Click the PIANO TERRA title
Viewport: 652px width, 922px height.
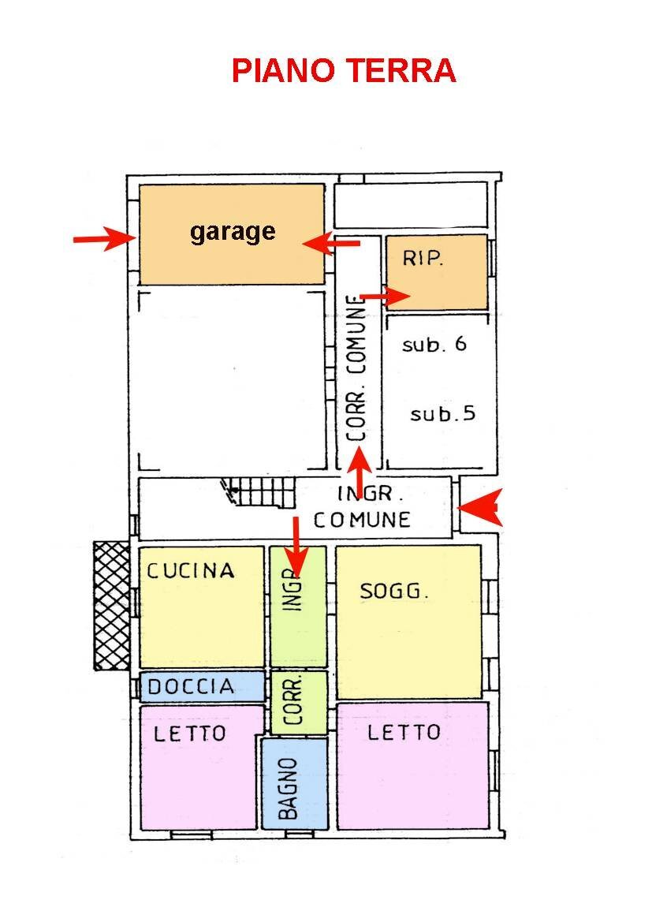tap(344, 70)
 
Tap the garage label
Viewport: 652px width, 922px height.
tap(233, 232)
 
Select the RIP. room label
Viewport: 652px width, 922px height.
tap(423, 258)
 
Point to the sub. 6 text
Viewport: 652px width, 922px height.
tap(434, 344)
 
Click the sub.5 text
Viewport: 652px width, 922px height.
tap(442, 413)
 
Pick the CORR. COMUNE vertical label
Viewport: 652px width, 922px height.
tap(356, 368)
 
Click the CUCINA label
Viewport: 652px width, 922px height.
tap(191, 570)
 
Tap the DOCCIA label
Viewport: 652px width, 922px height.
tap(191, 686)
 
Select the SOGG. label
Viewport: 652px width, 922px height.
tap(393, 591)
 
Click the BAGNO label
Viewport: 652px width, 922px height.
tap(288, 788)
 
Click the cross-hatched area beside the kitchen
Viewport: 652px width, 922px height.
tap(112, 606)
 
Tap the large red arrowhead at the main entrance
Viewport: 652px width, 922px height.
tap(480, 507)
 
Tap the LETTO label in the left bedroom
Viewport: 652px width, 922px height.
tap(189, 733)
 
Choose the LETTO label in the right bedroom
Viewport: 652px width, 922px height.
tap(404, 732)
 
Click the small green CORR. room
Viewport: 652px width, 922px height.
tap(299, 702)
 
